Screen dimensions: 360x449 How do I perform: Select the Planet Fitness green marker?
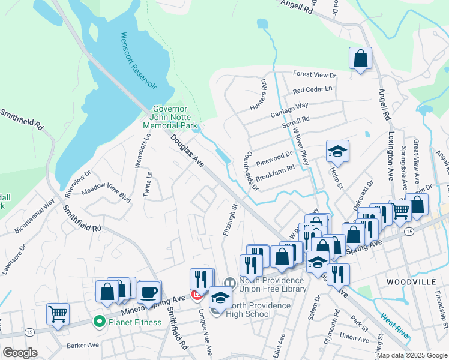pos(98,322)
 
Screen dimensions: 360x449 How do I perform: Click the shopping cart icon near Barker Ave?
pos(58,313)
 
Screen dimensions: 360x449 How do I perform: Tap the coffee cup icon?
pos(148,293)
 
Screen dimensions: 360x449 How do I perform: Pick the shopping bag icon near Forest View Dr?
pos(360,58)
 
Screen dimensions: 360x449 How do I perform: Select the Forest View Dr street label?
pos(314,74)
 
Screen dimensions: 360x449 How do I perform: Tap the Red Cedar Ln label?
pos(312,89)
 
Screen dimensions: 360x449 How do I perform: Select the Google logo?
pos(20,353)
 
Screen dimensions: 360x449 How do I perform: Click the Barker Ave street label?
pos(83,345)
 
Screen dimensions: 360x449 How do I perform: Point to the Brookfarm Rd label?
pos(274,168)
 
